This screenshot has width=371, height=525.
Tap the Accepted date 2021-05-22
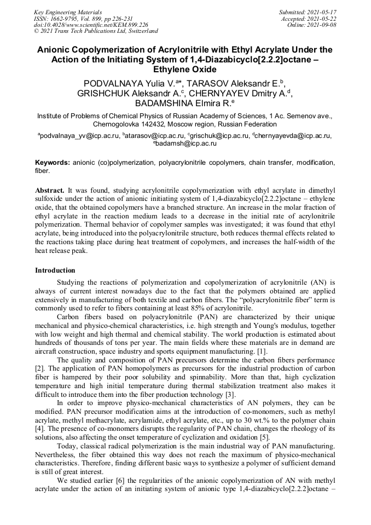(x=323, y=19)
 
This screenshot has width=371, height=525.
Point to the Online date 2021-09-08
(x=324, y=25)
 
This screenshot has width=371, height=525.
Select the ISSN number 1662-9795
(x=64, y=19)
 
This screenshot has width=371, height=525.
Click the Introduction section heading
(x=55, y=270)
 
